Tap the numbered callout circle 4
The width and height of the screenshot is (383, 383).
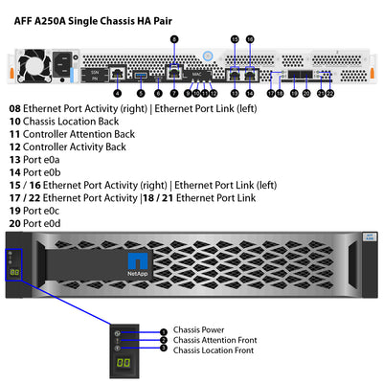click(x=117, y=93)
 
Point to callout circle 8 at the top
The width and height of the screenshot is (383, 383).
click(x=173, y=39)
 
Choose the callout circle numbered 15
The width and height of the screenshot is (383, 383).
click(x=235, y=39)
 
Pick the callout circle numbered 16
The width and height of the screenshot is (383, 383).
click(x=250, y=39)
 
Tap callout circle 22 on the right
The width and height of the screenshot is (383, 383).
click(x=330, y=93)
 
